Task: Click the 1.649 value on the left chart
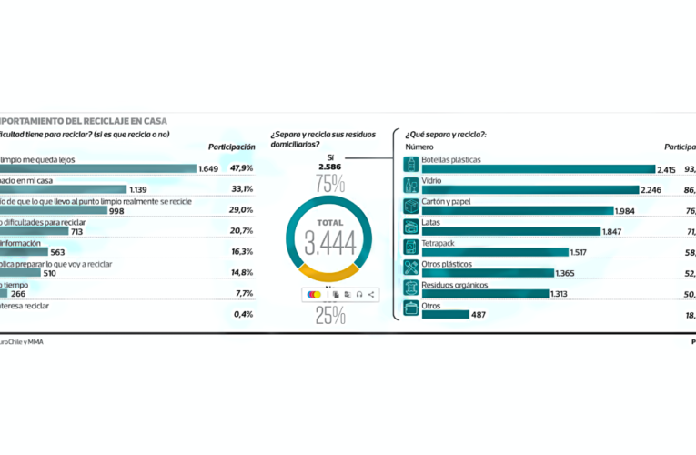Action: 208,168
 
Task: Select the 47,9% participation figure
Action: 241,168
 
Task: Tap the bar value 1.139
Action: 139,189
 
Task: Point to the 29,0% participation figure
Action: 241,210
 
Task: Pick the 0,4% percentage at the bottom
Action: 243,314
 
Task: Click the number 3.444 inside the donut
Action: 329,243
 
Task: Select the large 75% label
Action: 329,184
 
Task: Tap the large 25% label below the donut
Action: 329,316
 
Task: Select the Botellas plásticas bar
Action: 537,169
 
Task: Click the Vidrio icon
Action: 411,185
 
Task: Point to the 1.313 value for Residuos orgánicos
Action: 562,294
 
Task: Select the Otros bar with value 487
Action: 445,315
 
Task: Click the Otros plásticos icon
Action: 411,268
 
